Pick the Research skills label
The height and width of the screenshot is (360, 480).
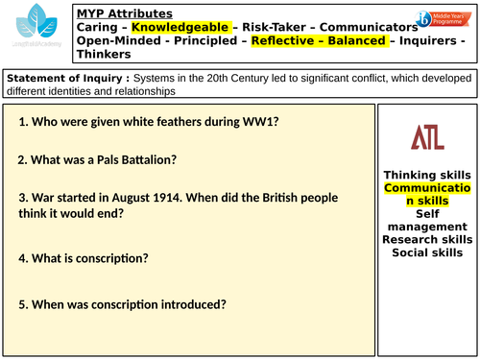pyautogui.click(x=427, y=212)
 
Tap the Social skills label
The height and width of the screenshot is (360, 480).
pyautogui.click(x=427, y=226)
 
